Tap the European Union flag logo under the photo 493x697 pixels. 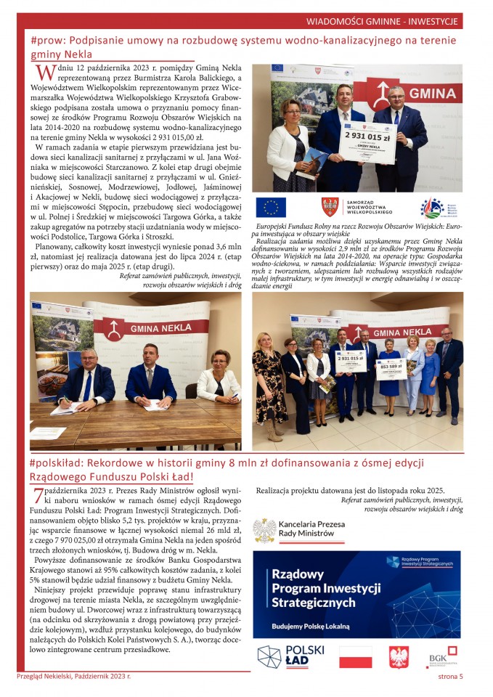tap(271, 207)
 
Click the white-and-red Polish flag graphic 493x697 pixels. tap(356, 656)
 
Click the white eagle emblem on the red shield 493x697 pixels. tap(399, 656)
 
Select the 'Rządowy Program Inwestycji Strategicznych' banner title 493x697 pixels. tap(326, 588)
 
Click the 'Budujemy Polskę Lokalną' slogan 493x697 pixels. tap(310, 624)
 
